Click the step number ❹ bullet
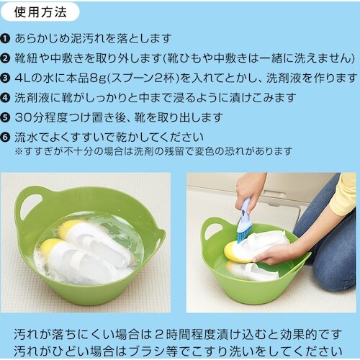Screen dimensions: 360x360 pyautogui.click(x=6, y=96)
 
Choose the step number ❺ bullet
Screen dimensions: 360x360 pyautogui.click(x=6, y=116)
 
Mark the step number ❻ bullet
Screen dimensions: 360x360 pyautogui.click(x=6, y=135)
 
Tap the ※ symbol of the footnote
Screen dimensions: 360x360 pyautogui.click(x=19, y=151)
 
